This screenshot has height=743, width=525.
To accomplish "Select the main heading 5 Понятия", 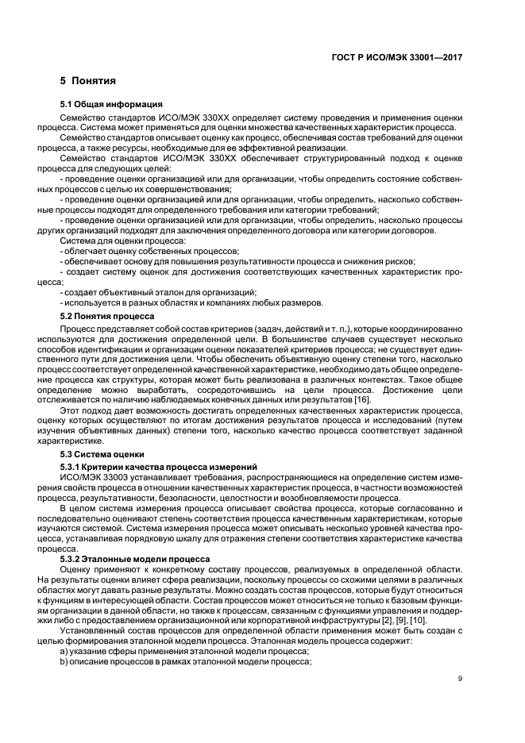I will coord(88,81).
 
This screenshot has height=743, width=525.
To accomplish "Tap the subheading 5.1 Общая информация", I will coord(112,105).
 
